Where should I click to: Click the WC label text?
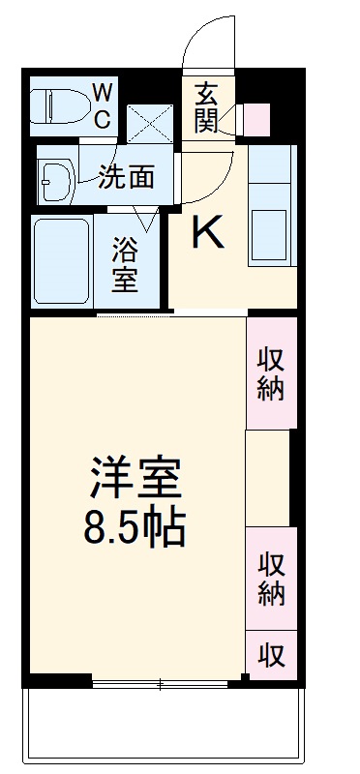[x=102, y=104]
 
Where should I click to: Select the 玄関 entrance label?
[x=206, y=107]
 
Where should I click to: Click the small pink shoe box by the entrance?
[x=255, y=118]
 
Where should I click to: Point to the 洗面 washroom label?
[x=127, y=176]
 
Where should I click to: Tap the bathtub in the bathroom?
[x=62, y=258]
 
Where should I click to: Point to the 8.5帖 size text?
[x=135, y=528]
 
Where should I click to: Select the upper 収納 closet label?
[x=270, y=374]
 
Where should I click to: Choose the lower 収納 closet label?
[x=270, y=579]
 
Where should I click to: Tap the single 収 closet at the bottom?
[x=270, y=655]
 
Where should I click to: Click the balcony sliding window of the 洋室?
[x=160, y=682]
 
